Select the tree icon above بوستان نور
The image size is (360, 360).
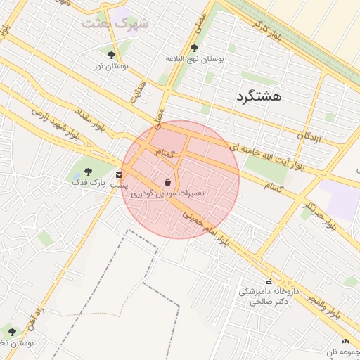coord(111,54)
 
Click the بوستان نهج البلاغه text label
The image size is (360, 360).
coord(194,60)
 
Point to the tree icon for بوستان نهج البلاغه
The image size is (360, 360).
coord(194,48)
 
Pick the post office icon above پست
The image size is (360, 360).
coord(118,173)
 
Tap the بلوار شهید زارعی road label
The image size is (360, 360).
coord(59,125)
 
